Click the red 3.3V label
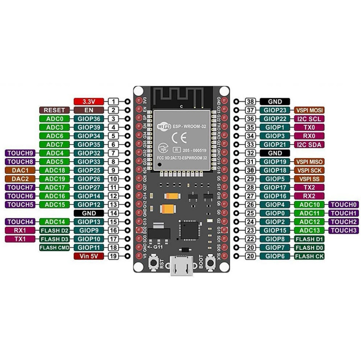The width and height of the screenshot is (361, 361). click(x=89, y=102)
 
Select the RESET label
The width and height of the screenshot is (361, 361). click(x=54, y=110)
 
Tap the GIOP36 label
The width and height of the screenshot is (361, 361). click(x=89, y=119)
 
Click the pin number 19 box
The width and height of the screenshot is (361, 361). click(x=114, y=256)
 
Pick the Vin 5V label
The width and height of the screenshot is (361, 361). click(x=89, y=256)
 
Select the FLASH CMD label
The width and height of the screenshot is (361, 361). click(x=54, y=247)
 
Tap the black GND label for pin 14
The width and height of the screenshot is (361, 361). click(x=89, y=213)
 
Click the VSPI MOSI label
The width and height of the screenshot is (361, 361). click(x=309, y=110)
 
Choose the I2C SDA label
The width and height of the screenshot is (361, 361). click(x=309, y=145)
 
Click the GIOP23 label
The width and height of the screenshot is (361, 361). click(x=275, y=110)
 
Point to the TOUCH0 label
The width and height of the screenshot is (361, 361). click(x=344, y=204)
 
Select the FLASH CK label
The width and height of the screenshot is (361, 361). click(x=309, y=256)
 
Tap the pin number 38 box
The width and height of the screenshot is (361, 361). click(x=251, y=102)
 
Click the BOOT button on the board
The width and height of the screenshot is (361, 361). click(x=211, y=263)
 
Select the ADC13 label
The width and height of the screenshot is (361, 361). click(x=309, y=230)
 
